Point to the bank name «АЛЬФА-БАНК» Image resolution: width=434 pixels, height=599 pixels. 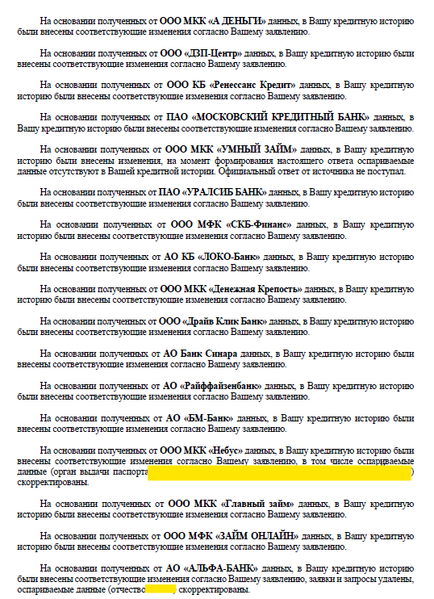click(233, 568)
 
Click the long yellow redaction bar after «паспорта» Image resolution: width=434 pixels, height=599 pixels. click(280, 471)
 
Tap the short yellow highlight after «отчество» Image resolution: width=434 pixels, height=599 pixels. click(162, 589)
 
